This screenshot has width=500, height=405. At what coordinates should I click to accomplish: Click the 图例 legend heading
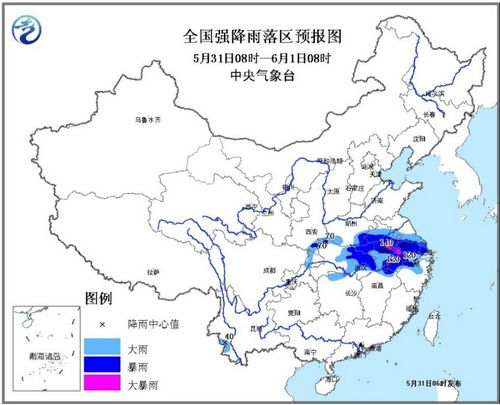98,298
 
